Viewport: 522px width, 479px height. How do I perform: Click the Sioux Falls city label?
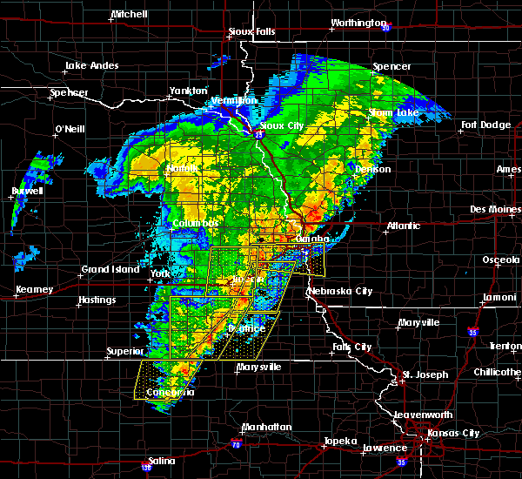click(x=251, y=32)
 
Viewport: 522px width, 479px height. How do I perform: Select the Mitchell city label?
click(x=130, y=15)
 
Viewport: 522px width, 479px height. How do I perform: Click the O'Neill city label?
click(x=69, y=130)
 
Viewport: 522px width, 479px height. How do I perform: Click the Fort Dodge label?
click(x=486, y=125)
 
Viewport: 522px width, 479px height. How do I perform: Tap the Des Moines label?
click(x=492, y=209)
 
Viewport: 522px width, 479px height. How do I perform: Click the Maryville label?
click(x=418, y=322)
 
